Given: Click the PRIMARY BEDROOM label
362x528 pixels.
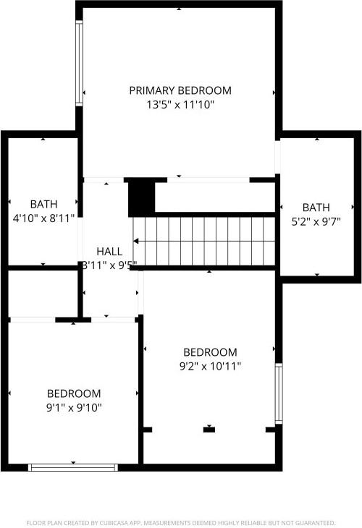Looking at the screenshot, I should point(180,90).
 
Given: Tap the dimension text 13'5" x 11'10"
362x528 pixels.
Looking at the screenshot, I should point(180,105).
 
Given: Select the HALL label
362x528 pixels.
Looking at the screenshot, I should point(109,251).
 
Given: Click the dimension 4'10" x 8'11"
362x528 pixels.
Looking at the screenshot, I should point(43,218).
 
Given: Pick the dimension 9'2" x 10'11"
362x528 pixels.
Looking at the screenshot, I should point(210,366).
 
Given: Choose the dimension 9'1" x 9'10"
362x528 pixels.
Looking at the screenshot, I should point(74,407).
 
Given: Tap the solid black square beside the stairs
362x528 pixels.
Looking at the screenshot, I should point(141,197).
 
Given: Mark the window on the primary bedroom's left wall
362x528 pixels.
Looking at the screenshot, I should point(80,54).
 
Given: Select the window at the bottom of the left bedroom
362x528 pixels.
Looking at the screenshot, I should point(72,467).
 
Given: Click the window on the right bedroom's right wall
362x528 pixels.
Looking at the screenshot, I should point(278,393).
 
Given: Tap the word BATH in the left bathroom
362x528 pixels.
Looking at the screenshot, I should point(43,204).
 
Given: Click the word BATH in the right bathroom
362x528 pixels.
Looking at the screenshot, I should point(316,207).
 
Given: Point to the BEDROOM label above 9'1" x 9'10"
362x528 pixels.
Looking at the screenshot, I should point(74,393).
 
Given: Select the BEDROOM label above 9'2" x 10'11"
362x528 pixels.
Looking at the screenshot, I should point(210,352).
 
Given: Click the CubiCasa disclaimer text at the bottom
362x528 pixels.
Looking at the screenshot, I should point(181,521).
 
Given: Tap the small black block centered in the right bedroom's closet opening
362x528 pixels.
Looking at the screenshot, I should point(209,430).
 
